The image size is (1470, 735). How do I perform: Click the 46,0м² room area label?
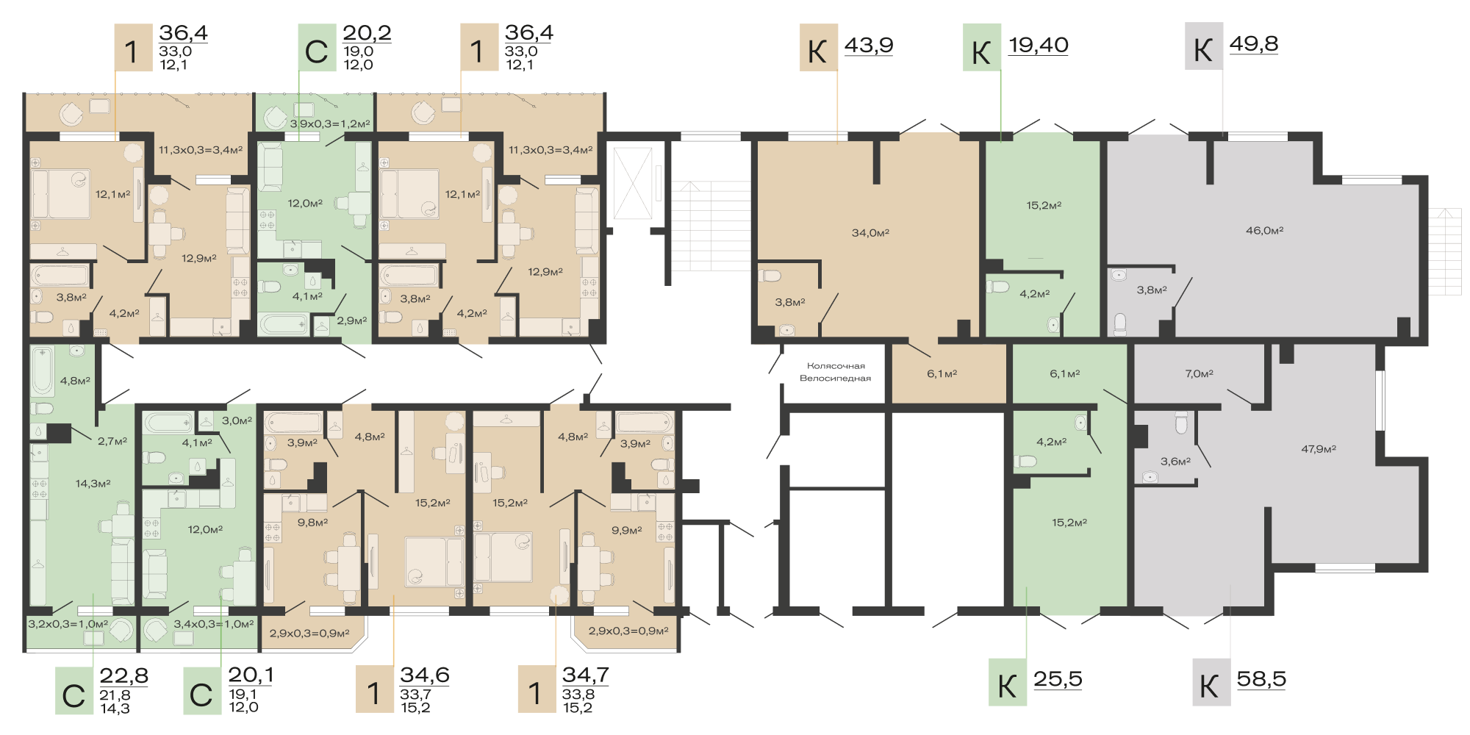(x=1264, y=231)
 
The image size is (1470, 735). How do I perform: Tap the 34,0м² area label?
(x=870, y=233)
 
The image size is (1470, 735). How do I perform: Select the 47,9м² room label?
(x=1319, y=449)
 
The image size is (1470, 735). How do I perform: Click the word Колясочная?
(x=836, y=366)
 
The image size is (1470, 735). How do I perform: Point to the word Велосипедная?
(x=835, y=379)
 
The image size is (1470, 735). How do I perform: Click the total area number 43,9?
(x=869, y=45)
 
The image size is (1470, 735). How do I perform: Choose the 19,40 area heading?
(x=1038, y=45)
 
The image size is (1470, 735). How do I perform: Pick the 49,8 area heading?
(x=1254, y=44)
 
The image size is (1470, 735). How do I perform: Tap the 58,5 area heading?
(x=1261, y=679)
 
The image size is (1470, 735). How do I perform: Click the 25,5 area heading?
(x=1058, y=679)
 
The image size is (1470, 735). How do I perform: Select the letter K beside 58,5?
(x=1209, y=687)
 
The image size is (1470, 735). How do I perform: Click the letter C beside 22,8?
(x=73, y=695)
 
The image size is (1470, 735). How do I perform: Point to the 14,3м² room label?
(x=93, y=484)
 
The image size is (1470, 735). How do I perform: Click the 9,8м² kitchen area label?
(x=312, y=523)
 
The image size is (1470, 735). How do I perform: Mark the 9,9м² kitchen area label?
(x=627, y=530)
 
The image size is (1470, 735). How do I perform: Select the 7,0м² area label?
(x=1199, y=374)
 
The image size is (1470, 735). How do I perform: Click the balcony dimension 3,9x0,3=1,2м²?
(x=330, y=124)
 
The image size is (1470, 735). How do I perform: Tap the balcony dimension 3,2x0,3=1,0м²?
(x=68, y=624)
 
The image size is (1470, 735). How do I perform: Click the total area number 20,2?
(x=367, y=33)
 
